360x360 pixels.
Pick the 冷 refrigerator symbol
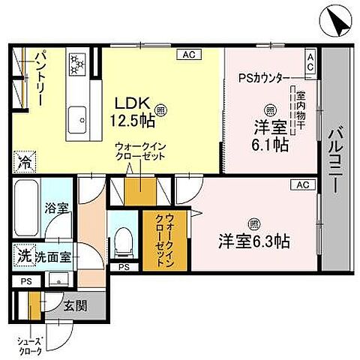click(x=23, y=160)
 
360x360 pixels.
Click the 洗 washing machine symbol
click(x=23, y=256)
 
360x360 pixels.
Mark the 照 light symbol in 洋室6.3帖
click(x=253, y=223)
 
